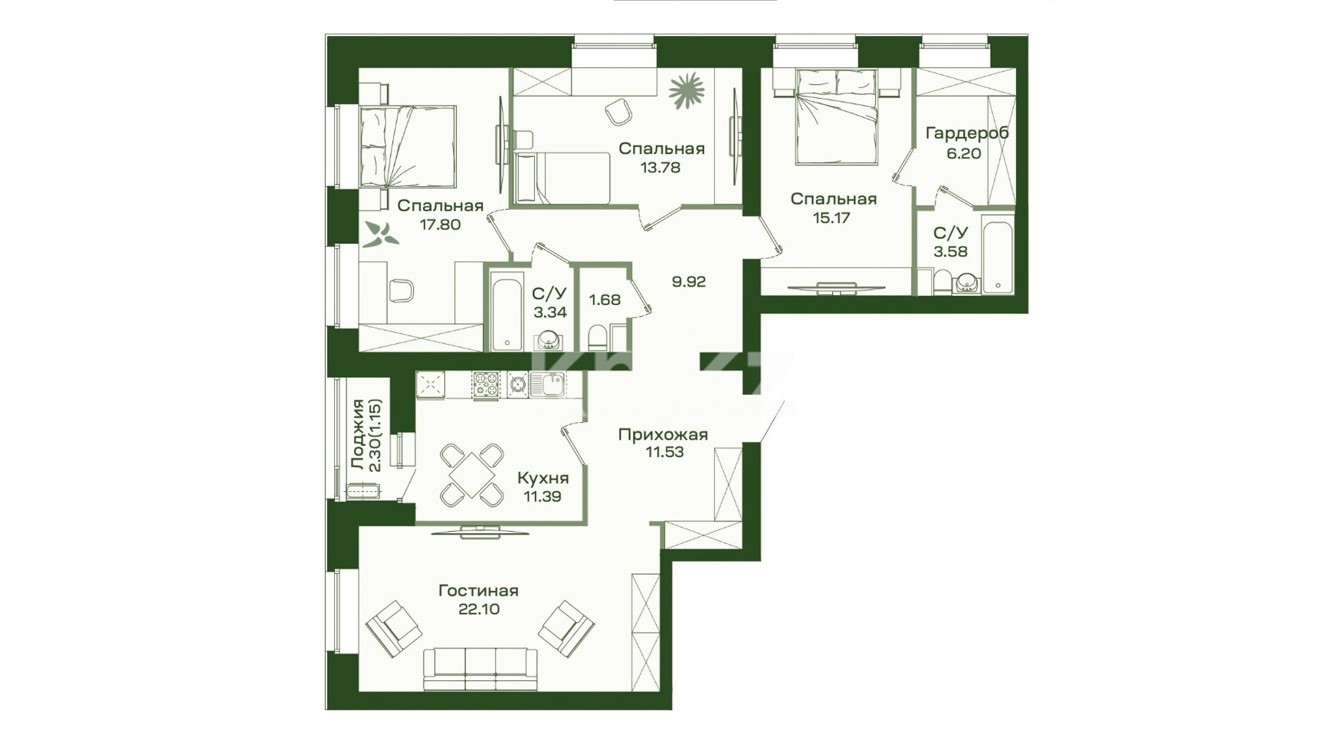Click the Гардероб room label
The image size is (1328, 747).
[x=967, y=133]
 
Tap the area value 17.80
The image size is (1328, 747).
[x=440, y=224]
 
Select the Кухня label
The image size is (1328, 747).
[x=543, y=479]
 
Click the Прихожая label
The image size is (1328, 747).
[x=663, y=434]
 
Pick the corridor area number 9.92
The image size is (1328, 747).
[x=689, y=281]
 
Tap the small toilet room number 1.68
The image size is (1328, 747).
[x=605, y=300]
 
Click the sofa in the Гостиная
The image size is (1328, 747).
[x=480, y=668]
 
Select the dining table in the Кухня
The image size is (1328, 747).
[x=473, y=476]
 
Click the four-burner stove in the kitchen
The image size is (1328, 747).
[x=485, y=385]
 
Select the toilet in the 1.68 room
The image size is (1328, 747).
[x=597, y=337]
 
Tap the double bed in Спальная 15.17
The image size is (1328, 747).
[x=836, y=116]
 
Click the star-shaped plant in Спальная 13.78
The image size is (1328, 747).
[x=687, y=91]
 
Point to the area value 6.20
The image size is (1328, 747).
[x=964, y=152]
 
